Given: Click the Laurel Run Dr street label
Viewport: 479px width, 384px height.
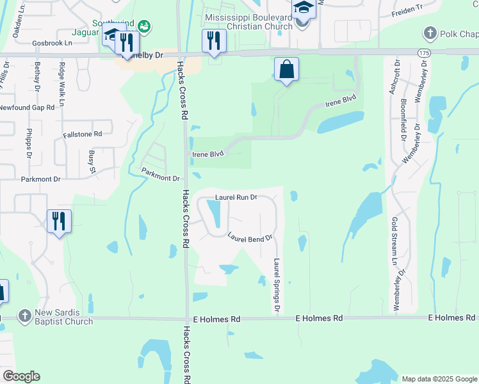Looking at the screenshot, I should click(236, 197).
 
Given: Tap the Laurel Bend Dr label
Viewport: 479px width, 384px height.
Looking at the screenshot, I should click(250, 236).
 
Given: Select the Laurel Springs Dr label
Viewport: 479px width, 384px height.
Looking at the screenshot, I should click(277, 286).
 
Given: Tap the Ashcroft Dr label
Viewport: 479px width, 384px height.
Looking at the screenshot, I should click(393, 77).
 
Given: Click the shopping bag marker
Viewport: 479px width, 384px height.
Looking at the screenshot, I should click(286, 68).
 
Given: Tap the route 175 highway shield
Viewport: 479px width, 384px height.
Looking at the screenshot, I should click(423, 51).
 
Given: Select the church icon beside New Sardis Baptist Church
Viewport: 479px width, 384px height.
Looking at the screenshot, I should click(24, 316).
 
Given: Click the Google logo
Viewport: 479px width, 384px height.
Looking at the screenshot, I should click(21, 376).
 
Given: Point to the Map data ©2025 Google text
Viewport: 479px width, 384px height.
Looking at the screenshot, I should click(439, 379).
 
